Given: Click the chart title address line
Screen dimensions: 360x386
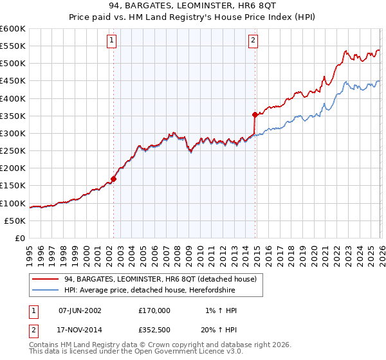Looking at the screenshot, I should [x=192, y=6].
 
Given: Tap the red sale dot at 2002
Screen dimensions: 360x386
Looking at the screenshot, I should [x=114, y=179].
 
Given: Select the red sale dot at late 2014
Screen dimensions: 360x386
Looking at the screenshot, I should [x=255, y=115].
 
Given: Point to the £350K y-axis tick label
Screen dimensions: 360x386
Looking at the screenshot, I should [x=13, y=116].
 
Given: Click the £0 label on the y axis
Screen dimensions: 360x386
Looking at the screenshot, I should [x=19, y=238].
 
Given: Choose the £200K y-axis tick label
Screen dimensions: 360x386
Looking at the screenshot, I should [x=13, y=168].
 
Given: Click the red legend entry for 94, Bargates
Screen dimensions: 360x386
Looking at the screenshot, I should [x=160, y=279].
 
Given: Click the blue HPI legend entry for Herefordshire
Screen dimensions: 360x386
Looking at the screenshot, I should [x=152, y=291].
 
